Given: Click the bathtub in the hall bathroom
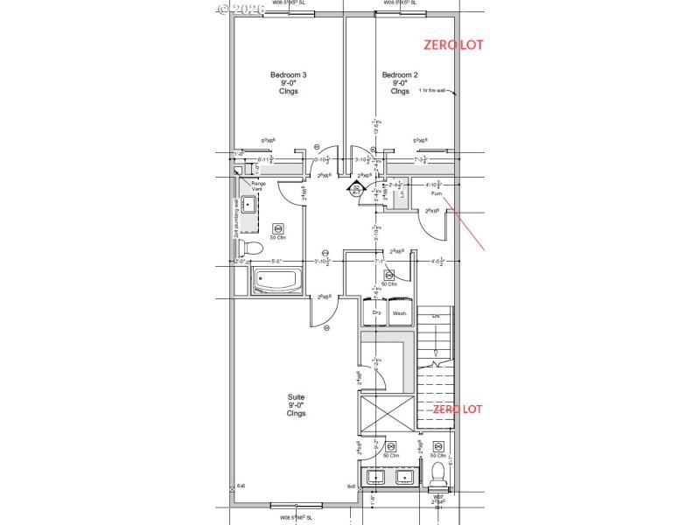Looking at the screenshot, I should click(x=277, y=283).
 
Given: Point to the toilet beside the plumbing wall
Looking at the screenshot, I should click(x=250, y=247).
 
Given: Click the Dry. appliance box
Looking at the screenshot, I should click(x=376, y=313).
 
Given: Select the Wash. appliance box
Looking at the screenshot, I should click(x=400, y=313).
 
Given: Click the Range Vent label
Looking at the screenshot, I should click(x=258, y=186).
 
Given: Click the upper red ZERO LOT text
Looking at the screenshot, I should click(x=453, y=44).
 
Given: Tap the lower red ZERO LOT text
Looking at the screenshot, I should click(x=453, y=409).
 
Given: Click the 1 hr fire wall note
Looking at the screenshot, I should click(x=432, y=90).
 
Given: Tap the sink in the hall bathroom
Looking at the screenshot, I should click(x=248, y=206).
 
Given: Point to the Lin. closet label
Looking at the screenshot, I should click(x=402, y=196).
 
